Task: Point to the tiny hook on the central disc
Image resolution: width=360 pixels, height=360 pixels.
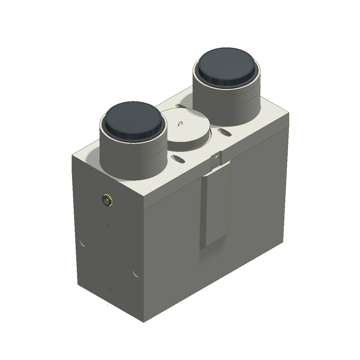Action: click(180, 124)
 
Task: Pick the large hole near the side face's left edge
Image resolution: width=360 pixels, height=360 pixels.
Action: click(83, 241)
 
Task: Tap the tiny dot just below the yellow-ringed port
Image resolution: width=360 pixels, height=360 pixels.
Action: click(109, 226)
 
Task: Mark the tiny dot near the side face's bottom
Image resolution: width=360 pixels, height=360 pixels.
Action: click(110, 289)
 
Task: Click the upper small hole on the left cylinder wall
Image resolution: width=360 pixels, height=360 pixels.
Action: click(157, 148)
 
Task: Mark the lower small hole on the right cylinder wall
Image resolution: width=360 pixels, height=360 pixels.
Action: click(250, 105)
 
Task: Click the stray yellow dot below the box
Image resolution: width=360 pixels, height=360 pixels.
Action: click(108, 305)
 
